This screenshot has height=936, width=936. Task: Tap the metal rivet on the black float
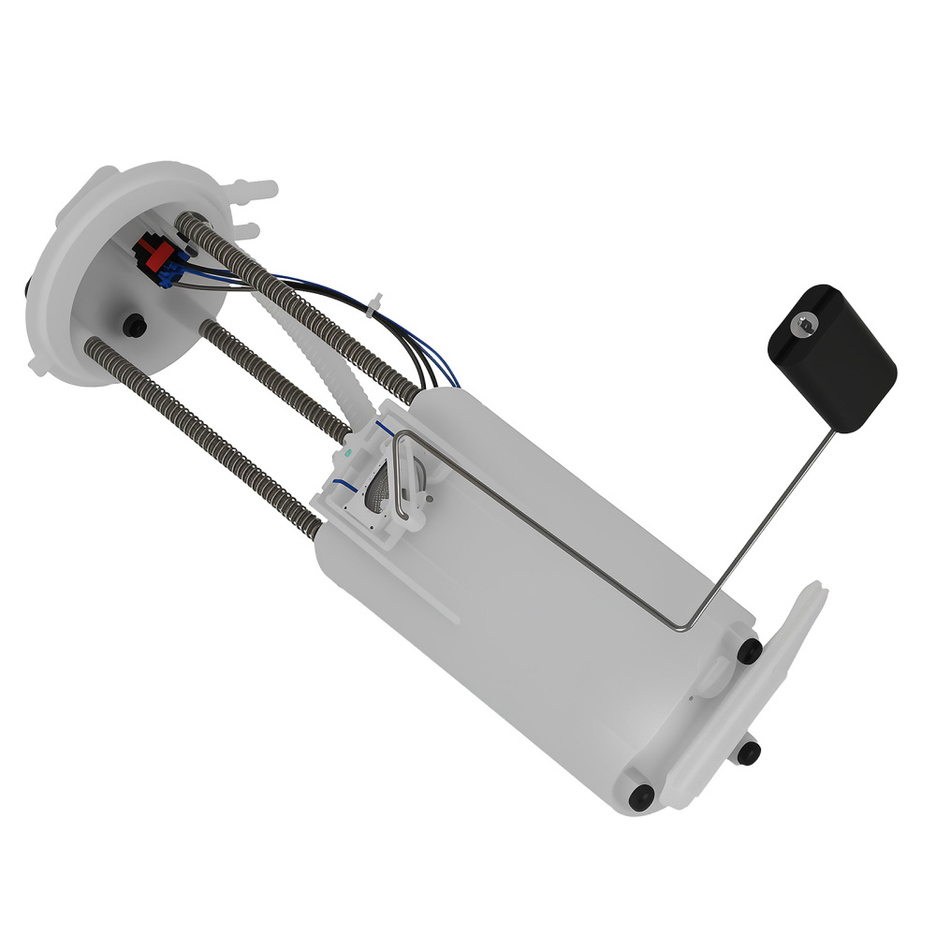802,324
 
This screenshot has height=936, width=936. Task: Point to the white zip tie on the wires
376,305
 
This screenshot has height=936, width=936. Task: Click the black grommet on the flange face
135,325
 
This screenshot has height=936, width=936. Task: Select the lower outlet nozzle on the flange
246,230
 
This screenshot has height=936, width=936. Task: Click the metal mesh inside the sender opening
379,487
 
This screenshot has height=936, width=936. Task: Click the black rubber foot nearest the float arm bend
749,651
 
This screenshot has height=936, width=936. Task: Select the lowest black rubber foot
641,797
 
